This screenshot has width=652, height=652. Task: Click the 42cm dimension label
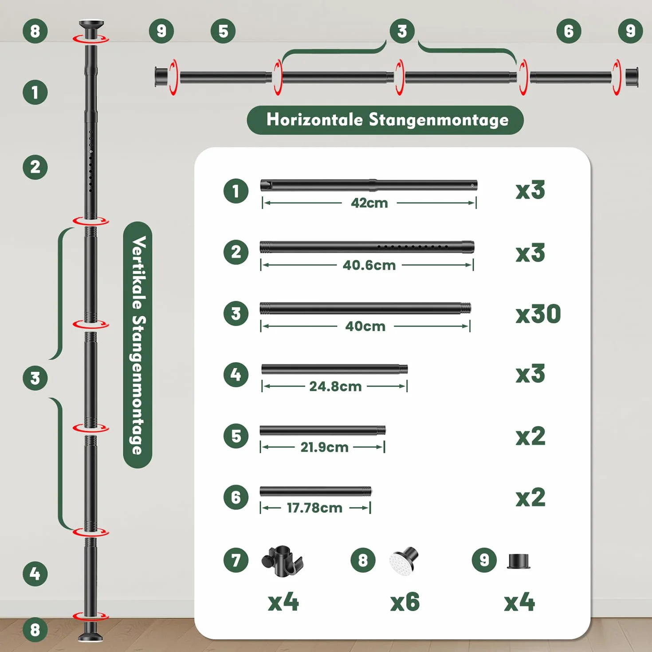click(x=369, y=203)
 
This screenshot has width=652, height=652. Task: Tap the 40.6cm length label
click(x=369, y=265)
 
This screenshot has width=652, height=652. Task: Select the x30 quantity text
click(x=538, y=314)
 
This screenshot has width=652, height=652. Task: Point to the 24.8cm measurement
click(x=335, y=386)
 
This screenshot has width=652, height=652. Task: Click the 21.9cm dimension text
click(x=324, y=447)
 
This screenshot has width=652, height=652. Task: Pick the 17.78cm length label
click(x=314, y=508)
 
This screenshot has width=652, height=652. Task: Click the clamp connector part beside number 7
click(x=283, y=562)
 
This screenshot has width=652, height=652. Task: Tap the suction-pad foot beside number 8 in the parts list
click(x=404, y=560)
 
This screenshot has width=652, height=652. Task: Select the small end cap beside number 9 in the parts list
click(x=518, y=562)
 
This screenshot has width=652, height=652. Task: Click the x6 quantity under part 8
click(x=405, y=602)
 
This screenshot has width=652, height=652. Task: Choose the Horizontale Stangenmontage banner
click(x=385, y=120)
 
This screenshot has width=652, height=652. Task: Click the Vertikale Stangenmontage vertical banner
click(x=137, y=345)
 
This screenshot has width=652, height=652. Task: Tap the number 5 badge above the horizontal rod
click(x=223, y=31)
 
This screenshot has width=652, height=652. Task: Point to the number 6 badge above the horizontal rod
click(x=569, y=31)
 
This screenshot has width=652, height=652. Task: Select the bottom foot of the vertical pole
click(x=90, y=631)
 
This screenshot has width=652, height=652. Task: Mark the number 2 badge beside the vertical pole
click(x=35, y=167)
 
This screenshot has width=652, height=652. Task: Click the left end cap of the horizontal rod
click(x=161, y=77)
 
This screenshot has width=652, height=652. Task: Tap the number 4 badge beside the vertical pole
click(x=35, y=574)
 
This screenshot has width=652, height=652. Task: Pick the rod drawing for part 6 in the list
click(x=315, y=491)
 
